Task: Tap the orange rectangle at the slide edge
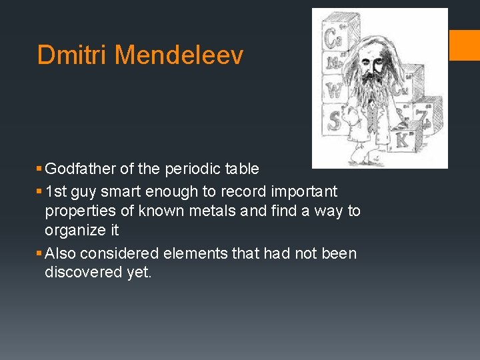pyautogui.click(x=465, y=45)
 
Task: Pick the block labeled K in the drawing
pyautogui.click(x=402, y=139)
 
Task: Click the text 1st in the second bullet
pyautogui.click(x=56, y=191)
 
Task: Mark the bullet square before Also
pyautogui.click(x=39, y=254)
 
